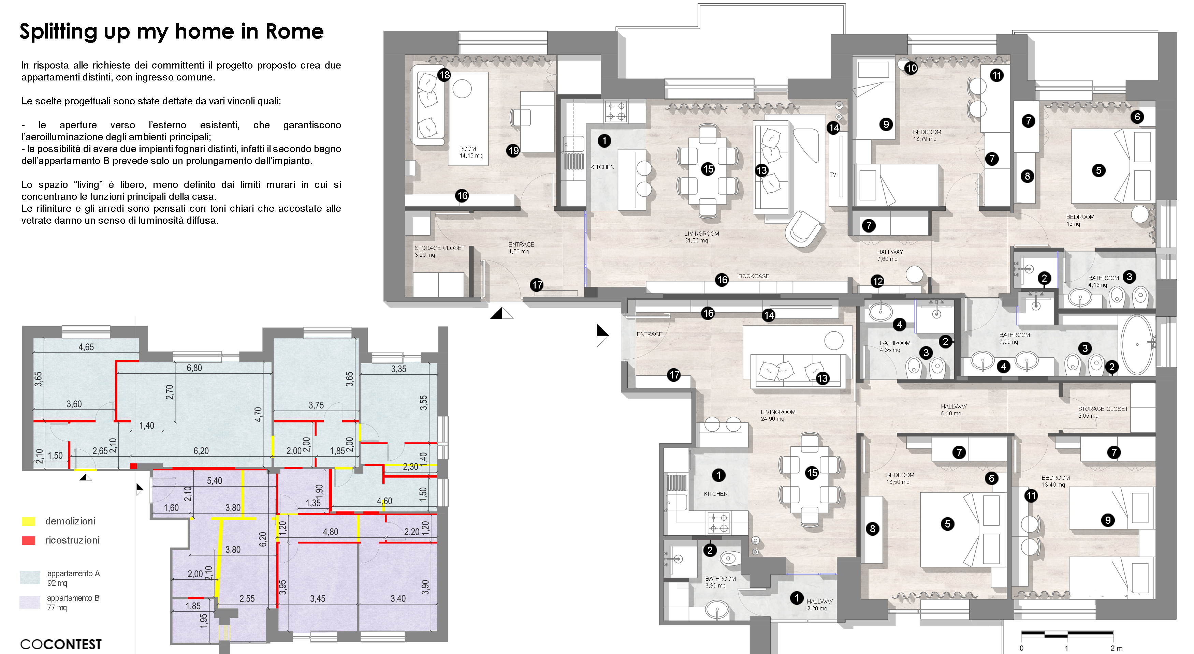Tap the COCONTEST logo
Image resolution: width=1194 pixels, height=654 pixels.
(x=61, y=644)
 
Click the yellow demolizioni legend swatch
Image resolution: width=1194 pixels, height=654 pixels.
(x=28, y=522)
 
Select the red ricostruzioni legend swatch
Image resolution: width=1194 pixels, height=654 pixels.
(x=28, y=540)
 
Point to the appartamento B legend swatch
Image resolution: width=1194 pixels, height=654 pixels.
(x=30, y=602)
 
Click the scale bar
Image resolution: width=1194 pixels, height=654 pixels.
(x=1067, y=633)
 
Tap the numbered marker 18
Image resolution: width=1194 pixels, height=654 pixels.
(x=444, y=75)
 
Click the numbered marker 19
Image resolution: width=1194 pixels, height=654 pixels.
(x=513, y=150)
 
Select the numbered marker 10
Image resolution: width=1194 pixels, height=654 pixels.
(x=911, y=69)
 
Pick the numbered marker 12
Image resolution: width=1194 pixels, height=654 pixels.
(x=877, y=281)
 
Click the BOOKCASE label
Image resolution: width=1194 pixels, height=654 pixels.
(x=753, y=277)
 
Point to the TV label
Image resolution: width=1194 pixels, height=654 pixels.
(x=833, y=175)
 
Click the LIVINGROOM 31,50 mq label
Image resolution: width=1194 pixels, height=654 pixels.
(x=701, y=237)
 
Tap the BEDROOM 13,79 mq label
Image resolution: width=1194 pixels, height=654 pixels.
(x=927, y=135)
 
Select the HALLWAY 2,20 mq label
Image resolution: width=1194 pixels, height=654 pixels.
(x=819, y=605)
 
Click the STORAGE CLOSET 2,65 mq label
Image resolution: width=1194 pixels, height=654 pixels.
(x=1102, y=412)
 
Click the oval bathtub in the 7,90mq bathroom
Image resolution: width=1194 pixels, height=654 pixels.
(x=1137, y=345)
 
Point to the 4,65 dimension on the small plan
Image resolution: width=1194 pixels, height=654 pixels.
(x=86, y=347)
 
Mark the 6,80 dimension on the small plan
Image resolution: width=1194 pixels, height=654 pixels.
(x=194, y=368)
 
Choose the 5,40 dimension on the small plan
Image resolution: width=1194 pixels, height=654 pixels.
(x=214, y=481)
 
